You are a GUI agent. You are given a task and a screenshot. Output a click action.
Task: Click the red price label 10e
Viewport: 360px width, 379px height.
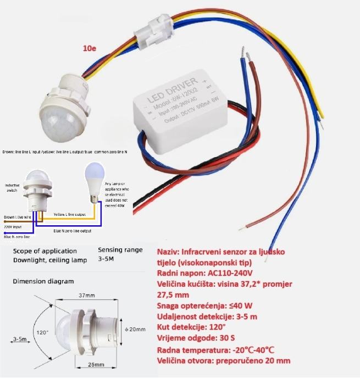tap(89, 49)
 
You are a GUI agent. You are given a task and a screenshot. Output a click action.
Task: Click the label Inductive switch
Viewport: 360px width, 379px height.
tap(12, 188)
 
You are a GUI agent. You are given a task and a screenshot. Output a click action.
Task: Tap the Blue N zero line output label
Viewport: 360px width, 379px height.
tap(73, 231)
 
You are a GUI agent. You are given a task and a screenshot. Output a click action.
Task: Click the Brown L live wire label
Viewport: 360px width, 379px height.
tap(16, 218)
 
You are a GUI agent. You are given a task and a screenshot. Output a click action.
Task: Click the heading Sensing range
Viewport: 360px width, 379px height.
tap(120, 249)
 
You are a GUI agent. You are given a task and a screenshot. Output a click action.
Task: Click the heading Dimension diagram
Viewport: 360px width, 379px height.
tap(43, 281)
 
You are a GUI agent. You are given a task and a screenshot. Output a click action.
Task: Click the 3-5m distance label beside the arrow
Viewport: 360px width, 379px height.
tap(21, 339)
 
